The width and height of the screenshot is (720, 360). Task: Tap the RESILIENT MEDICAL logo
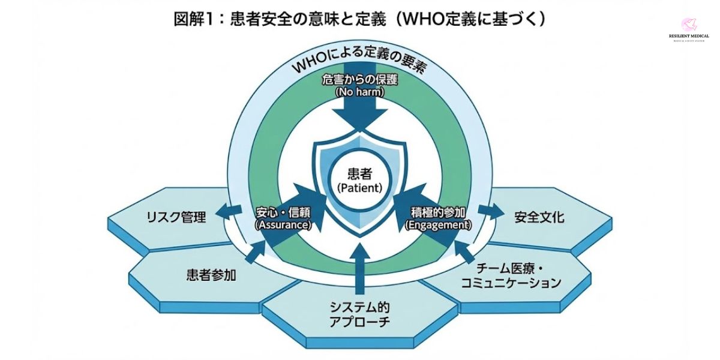pos(688,30)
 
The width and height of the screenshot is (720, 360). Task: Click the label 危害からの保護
pos(360,80)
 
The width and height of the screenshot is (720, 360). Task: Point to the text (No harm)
pos(360,92)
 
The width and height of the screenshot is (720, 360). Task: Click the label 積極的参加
pos(439,212)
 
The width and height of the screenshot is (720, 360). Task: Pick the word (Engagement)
pos(439,225)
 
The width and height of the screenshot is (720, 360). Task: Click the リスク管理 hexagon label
pos(176,217)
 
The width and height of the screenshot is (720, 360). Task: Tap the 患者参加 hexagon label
pos(211,275)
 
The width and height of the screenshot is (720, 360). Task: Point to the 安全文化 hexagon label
pos(539,217)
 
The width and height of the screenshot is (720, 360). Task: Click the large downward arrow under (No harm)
pos(360,114)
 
